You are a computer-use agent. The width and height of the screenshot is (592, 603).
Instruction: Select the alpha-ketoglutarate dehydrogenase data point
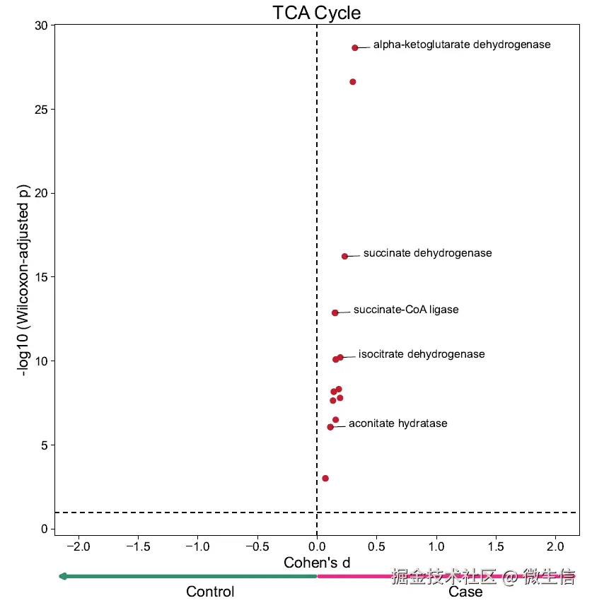[x=355, y=47]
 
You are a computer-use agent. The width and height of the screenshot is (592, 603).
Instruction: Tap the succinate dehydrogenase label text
[x=427, y=253]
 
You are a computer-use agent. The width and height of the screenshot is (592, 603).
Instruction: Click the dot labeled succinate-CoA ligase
[x=335, y=312]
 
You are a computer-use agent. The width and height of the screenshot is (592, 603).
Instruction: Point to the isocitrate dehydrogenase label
[x=422, y=354]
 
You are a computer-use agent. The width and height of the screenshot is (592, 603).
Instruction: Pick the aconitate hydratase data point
[x=330, y=427]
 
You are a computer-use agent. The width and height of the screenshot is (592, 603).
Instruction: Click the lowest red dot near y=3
[x=325, y=479]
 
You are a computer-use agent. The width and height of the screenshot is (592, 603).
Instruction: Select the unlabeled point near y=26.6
[x=353, y=82]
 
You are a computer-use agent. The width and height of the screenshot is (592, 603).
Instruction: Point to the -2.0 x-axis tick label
[x=77, y=546]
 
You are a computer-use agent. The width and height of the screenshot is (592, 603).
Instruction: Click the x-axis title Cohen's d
[x=317, y=563]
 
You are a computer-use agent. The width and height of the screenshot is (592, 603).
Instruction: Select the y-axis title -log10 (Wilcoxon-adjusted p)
[x=26, y=281]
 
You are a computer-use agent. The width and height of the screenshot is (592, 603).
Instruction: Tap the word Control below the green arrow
[x=210, y=592]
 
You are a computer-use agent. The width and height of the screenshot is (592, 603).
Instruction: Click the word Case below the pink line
[x=465, y=592]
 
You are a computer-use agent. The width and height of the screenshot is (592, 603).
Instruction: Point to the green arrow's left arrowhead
[x=62, y=576]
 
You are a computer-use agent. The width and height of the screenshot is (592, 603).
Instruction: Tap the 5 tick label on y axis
[x=44, y=445]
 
